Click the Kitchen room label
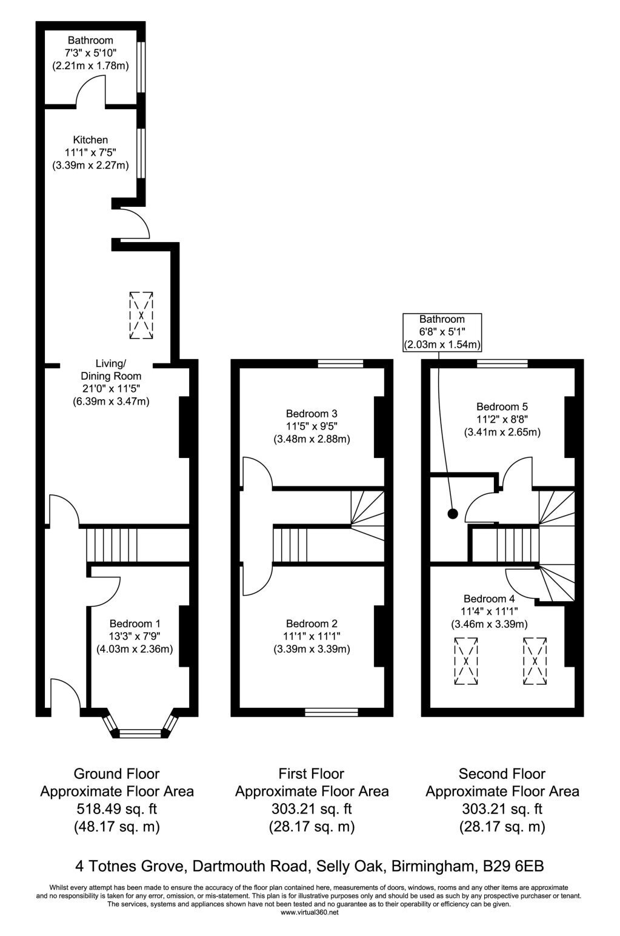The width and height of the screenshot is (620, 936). (x=90, y=140)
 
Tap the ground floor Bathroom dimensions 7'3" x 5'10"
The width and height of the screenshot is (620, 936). (x=90, y=53)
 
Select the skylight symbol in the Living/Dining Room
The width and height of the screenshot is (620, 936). (x=141, y=315)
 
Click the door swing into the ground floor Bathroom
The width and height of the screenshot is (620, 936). (x=90, y=90)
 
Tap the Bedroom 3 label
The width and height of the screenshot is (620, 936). (x=312, y=414)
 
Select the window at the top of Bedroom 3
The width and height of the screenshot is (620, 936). (x=340, y=363)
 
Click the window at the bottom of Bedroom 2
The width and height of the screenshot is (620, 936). (x=332, y=712)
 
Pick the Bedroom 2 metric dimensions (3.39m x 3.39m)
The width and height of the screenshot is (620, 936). (x=312, y=649)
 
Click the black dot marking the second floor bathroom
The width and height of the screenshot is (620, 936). (x=453, y=514)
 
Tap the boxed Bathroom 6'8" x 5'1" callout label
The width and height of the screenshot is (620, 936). (x=442, y=332)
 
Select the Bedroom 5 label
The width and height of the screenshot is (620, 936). (x=502, y=406)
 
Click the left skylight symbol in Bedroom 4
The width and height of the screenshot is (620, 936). (x=466, y=661)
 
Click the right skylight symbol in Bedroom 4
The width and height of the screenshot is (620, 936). (x=535, y=661)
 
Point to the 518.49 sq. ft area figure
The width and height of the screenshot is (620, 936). (x=117, y=809)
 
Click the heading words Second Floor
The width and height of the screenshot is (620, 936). (x=502, y=774)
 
